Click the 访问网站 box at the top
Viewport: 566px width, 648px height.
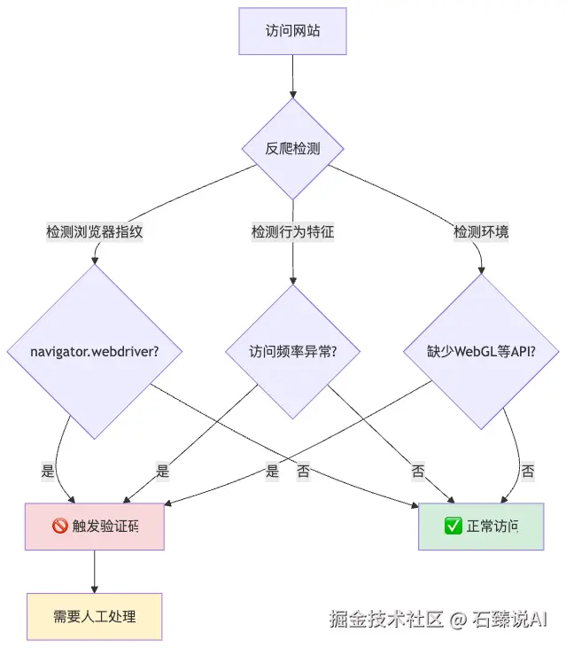(292, 30)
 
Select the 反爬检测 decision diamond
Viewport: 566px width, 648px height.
(292, 148)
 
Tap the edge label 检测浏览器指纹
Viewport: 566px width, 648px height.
(95, 232)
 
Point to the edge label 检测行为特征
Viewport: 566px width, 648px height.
(292, 232)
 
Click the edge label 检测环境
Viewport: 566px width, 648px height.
(481, 232)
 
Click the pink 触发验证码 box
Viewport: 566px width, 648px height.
(95, 527)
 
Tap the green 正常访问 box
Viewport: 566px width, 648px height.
(480, 527)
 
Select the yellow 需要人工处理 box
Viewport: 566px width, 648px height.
(95, 616)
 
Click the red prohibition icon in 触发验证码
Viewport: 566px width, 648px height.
(60, 527)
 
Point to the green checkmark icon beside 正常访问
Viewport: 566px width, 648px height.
(453, 527)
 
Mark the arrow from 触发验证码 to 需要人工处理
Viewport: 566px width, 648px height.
(95, 572)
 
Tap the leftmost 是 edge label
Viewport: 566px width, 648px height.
(48, 472)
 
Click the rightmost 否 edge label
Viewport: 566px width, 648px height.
(527, 472)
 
